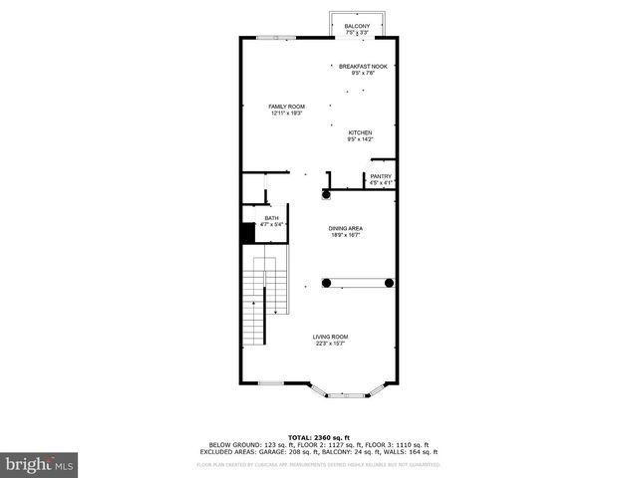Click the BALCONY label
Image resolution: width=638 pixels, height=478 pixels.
[x=356, y=26]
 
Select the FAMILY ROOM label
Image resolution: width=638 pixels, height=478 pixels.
[x=286, y=107]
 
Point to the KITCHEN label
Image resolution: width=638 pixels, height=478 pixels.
[x=360, y=133]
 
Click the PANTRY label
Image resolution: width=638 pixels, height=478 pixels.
[x=382, y=176]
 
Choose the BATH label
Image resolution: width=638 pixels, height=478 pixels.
[x=271, y=218]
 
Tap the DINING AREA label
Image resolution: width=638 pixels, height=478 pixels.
[x=346, y=229]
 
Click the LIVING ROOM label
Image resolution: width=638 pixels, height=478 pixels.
[x=330, y=337]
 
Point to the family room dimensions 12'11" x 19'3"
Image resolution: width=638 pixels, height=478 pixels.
[x=286, y=114]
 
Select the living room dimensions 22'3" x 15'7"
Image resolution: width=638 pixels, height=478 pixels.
[x=330, y=344]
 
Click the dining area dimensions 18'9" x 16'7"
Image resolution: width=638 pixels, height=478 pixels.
[x=346, y=236]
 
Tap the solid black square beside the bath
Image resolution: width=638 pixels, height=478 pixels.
[x=247, y=233]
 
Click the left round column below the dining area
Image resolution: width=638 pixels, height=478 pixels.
[x=326, y=283]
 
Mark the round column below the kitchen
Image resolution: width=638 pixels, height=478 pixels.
[x=326, y=195]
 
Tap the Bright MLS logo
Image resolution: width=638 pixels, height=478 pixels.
[x=40, y=463]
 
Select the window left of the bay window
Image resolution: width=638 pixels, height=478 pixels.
[x=272, y=383]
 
